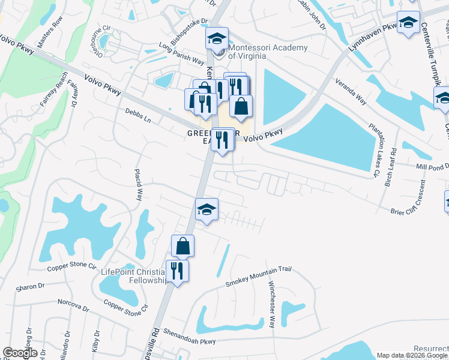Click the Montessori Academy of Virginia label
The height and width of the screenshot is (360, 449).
(260, 52)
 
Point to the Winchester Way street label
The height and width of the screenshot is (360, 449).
(271, 304)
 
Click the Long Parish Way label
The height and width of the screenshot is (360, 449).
(182, 53)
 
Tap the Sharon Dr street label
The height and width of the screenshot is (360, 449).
(27, 287)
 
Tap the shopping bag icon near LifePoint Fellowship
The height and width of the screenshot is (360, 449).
(182, 246)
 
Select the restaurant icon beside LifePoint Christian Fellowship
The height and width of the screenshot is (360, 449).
(177, 271)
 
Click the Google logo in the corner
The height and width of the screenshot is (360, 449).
(20, 353)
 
